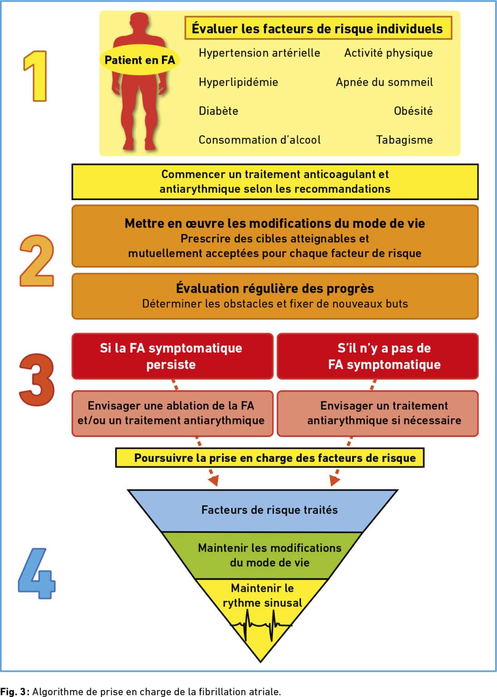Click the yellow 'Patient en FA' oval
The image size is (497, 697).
(x=140, y=60)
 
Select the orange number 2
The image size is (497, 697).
(x=37, y=260)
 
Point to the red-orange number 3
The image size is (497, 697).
(x=37, y=380)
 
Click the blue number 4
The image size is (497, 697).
(x=37, y=574)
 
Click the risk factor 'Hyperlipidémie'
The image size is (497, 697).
(x=238, y=82)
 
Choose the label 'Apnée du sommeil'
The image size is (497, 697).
(x=384, y=82)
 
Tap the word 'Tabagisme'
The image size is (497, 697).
(x=404, y=140)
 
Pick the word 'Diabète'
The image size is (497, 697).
(x=218, y=111)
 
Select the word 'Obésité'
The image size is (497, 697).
(x=413, y=111)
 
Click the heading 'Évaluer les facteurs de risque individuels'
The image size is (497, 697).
(x=318, y=28)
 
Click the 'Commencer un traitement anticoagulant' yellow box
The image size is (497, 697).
(x=275, y=182)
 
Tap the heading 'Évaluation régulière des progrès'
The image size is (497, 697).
(x=275, y=289)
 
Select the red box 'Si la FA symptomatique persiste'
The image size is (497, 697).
(x=172, y=356)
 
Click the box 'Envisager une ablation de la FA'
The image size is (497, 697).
(x=172, y=413)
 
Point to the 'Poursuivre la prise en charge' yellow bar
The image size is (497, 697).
(x=270, y=458)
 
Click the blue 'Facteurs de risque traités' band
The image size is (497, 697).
(x=262, y=511)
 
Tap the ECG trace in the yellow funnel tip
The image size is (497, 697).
(x=261, y=625)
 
